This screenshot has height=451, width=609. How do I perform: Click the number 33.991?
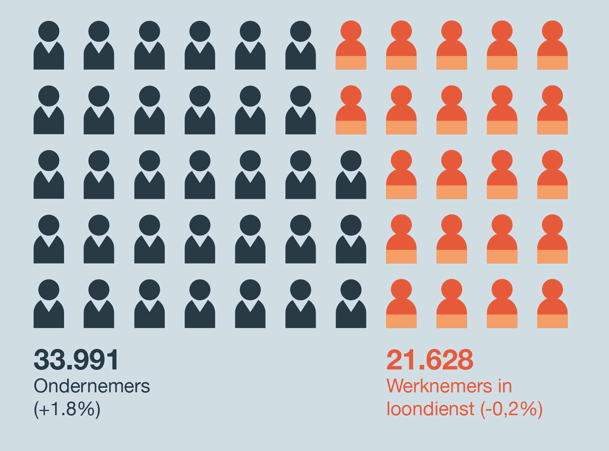(x=76, y=360)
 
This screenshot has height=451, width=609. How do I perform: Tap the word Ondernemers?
(x=92, y=386)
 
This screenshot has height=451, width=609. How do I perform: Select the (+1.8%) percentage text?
(x=67, y=409)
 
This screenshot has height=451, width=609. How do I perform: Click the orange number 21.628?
(x=430, y=360)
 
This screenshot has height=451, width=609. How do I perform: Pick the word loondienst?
(x=431, y=409)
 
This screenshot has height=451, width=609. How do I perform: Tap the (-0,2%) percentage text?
(x=511, y=409)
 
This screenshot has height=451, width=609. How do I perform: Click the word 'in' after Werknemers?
(x=505, y=386)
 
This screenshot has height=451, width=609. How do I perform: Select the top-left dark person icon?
(x=49, y=46)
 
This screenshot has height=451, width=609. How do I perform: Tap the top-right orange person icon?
(x=552, y=46)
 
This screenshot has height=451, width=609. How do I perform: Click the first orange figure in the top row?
(x=351, y=46)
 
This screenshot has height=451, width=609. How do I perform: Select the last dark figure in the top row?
(x=300, y=46)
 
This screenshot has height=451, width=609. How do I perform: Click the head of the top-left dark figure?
(x=49, y=31)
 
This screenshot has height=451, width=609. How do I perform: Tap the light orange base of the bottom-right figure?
(x=552, y=321)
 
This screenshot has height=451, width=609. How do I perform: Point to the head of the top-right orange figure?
(x=552, y=30)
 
